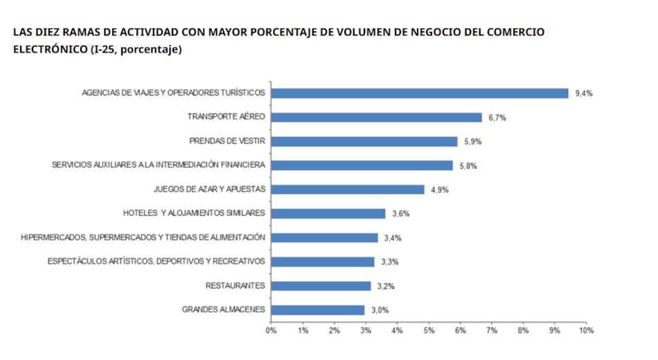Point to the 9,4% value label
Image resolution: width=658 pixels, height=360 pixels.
click(x=584, y=93)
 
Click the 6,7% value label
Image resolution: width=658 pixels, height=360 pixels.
click(x=497, y=118)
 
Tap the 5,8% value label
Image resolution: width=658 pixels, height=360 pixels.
click(x=468, y=165)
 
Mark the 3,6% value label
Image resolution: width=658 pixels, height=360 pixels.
click(x=400, y=214)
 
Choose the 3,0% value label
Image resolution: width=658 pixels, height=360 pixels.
click(x=380, y=310)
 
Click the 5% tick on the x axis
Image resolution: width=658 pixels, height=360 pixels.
click(x=429, y=331)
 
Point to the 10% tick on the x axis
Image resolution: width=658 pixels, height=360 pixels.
click(x=586, y=331)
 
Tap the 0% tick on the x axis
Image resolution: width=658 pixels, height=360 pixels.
click(x=272, y=331)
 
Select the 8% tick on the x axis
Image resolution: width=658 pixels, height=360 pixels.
click(x=523, y=331)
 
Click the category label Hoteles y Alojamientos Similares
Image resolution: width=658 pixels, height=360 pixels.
click(x=194, y=213)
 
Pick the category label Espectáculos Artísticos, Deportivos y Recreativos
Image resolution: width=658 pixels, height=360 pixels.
click(x=157, y=262)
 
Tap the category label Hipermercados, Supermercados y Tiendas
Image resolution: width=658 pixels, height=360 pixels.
click(x=143, y=237)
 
